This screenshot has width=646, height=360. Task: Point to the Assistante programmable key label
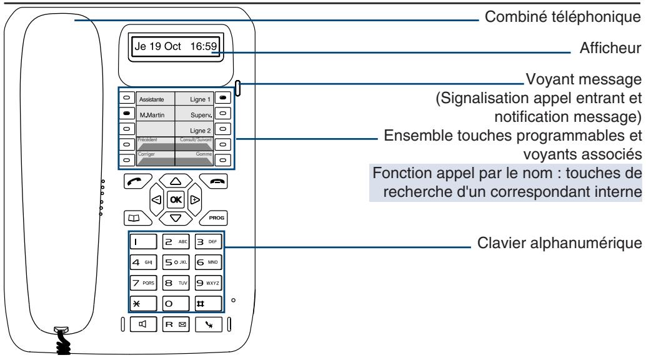(151, 99)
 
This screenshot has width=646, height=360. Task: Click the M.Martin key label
(151, 116)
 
